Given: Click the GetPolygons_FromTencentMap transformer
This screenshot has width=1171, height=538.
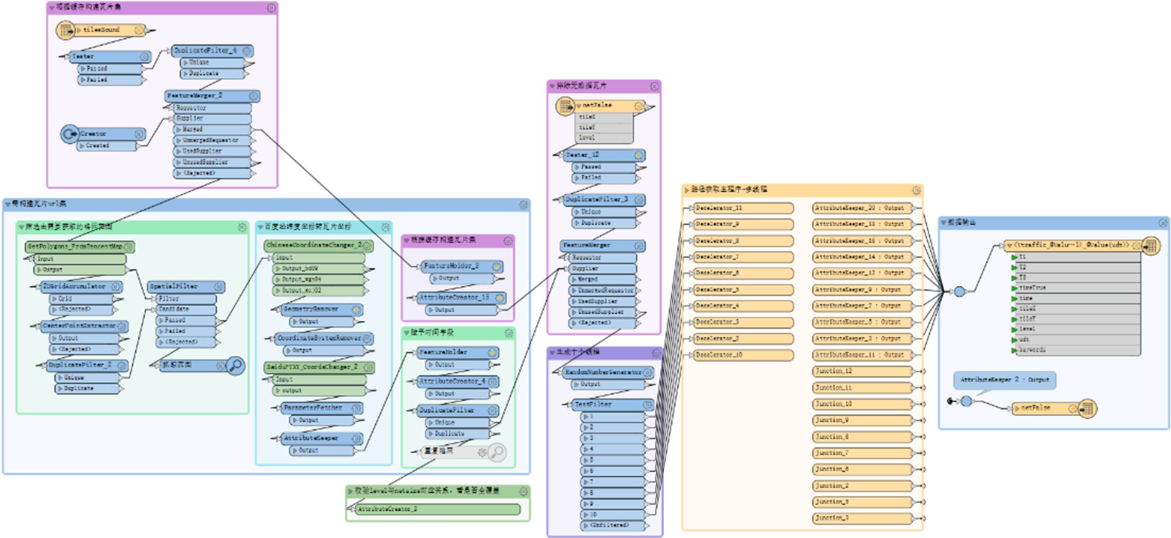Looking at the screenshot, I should [x=76, y=247].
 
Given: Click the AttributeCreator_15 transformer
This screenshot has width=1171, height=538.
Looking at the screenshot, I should [x=454, y=298].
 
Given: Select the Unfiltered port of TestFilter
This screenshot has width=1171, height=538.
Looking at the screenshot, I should [x=610, y=526].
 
